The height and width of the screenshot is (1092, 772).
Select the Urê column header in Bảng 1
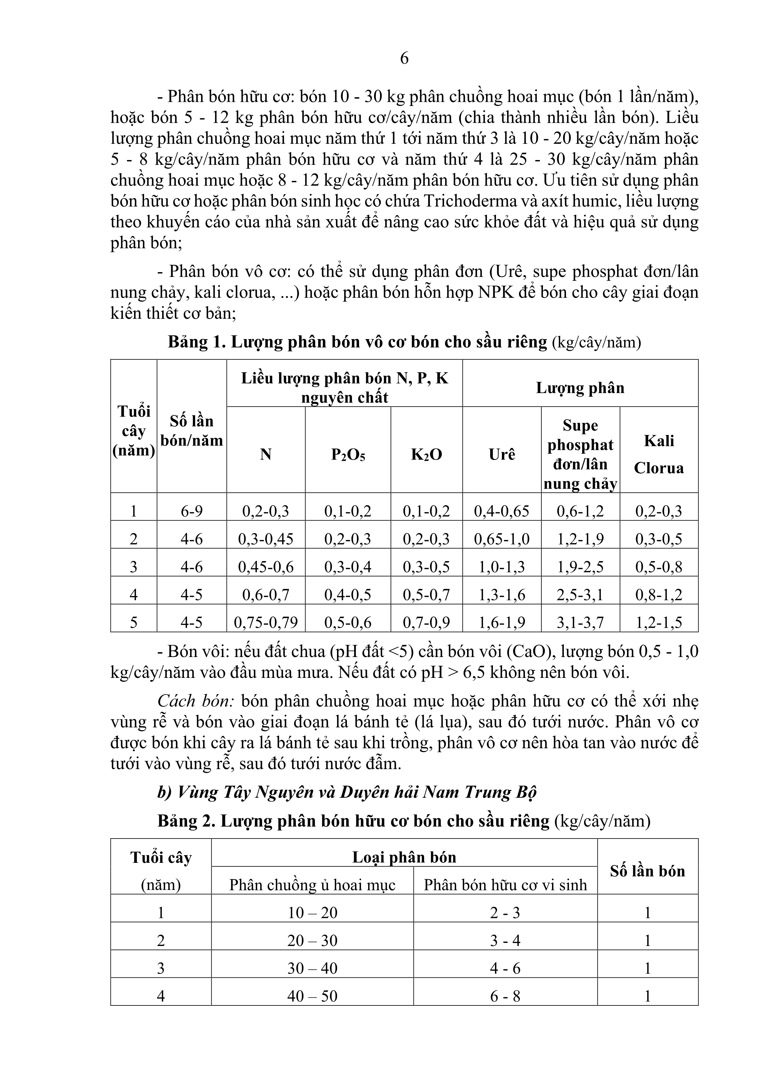coord(502,454)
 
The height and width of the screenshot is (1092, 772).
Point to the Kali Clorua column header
coord(659,454)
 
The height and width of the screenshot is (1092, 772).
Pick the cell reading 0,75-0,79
coord(266,622)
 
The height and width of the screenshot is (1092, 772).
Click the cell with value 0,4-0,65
coord(502,511)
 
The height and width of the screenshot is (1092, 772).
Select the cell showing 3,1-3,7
coord(580,622)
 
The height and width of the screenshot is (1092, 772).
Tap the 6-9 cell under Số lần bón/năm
coord(192,511)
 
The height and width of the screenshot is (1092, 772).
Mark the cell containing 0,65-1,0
coord(502,539)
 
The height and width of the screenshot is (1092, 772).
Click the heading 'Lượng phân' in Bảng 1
coord(580,388)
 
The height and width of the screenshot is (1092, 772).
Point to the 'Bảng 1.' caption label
coord(197,342)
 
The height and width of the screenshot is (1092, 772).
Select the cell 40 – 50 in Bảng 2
coord(312,996)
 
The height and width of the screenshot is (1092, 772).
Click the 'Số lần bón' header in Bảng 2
coord(648,871)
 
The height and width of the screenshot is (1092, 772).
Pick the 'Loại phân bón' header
coord(404,857)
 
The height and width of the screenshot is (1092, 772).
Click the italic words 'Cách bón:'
coord(196,701)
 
